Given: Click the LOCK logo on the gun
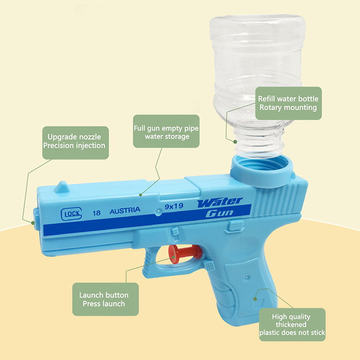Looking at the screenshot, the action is coord(72,214).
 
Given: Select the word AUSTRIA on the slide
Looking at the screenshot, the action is coord(125,210).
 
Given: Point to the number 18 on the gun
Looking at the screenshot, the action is coord(97,213).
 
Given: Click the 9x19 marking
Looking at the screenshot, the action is coord(174,206).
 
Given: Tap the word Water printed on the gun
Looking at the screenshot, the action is coord(220,202).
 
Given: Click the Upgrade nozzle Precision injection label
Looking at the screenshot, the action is coord(76,143).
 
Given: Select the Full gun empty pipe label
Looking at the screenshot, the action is coord(166,131).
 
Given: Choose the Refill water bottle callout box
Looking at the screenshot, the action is coord(288,103).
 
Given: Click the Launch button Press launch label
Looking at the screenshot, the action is coord(105,299).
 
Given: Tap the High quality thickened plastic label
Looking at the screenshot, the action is coord(292,324).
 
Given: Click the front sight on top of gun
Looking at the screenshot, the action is coord(61,187).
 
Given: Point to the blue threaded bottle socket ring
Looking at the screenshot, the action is coord(262,170).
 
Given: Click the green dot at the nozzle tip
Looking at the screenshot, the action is coord(33,223).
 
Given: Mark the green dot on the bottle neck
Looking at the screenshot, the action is coord(235,142).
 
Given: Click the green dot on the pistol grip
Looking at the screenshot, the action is coord(255,299).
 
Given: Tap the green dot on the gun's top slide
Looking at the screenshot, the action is coord(140,195).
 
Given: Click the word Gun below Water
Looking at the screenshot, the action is coord(220,213).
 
